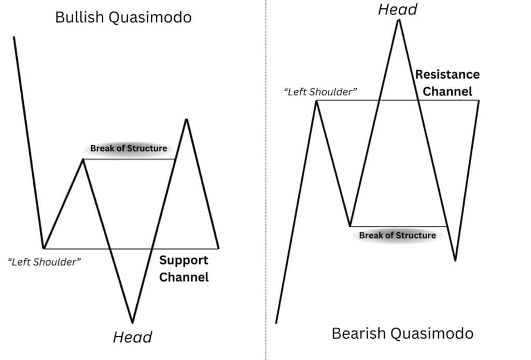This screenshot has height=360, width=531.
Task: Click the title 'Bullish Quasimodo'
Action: click(x=123, y=17)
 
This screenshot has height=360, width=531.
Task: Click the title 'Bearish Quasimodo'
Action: click(x=402, y=333)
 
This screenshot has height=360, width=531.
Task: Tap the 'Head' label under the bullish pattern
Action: click(x=132, y=337)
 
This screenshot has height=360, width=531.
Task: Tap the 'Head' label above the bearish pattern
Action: click(x=398, y=9)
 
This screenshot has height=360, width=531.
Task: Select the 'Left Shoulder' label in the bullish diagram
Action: click(x=45, y=262)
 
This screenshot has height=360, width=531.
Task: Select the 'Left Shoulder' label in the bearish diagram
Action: click(x=320, y=92)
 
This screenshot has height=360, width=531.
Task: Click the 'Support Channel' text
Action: click(x=184, y=269)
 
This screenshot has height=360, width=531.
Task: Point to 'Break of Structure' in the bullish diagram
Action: click(x=129, y=148)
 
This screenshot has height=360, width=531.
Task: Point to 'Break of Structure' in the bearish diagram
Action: click(x=398, y=236)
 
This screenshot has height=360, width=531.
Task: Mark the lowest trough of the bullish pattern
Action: click(x=133, y=323)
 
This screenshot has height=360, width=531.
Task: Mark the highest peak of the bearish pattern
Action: click(x=399, y=20)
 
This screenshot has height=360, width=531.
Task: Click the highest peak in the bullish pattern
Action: click(x=186, y=119)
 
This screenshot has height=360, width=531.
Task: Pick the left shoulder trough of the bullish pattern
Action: click(x=43, y=248)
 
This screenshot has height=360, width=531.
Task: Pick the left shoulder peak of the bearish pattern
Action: click(x=316, y=101)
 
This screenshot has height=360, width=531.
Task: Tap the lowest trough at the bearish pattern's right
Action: click(x=455, y=260)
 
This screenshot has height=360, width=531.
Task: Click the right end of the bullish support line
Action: click(x=218, y=248)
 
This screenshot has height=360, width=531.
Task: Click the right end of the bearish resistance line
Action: click(x=479, y=101)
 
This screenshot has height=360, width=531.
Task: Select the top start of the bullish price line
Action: click(x=14, y=37)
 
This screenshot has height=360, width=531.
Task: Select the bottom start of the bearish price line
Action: click(x=276, y=323)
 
